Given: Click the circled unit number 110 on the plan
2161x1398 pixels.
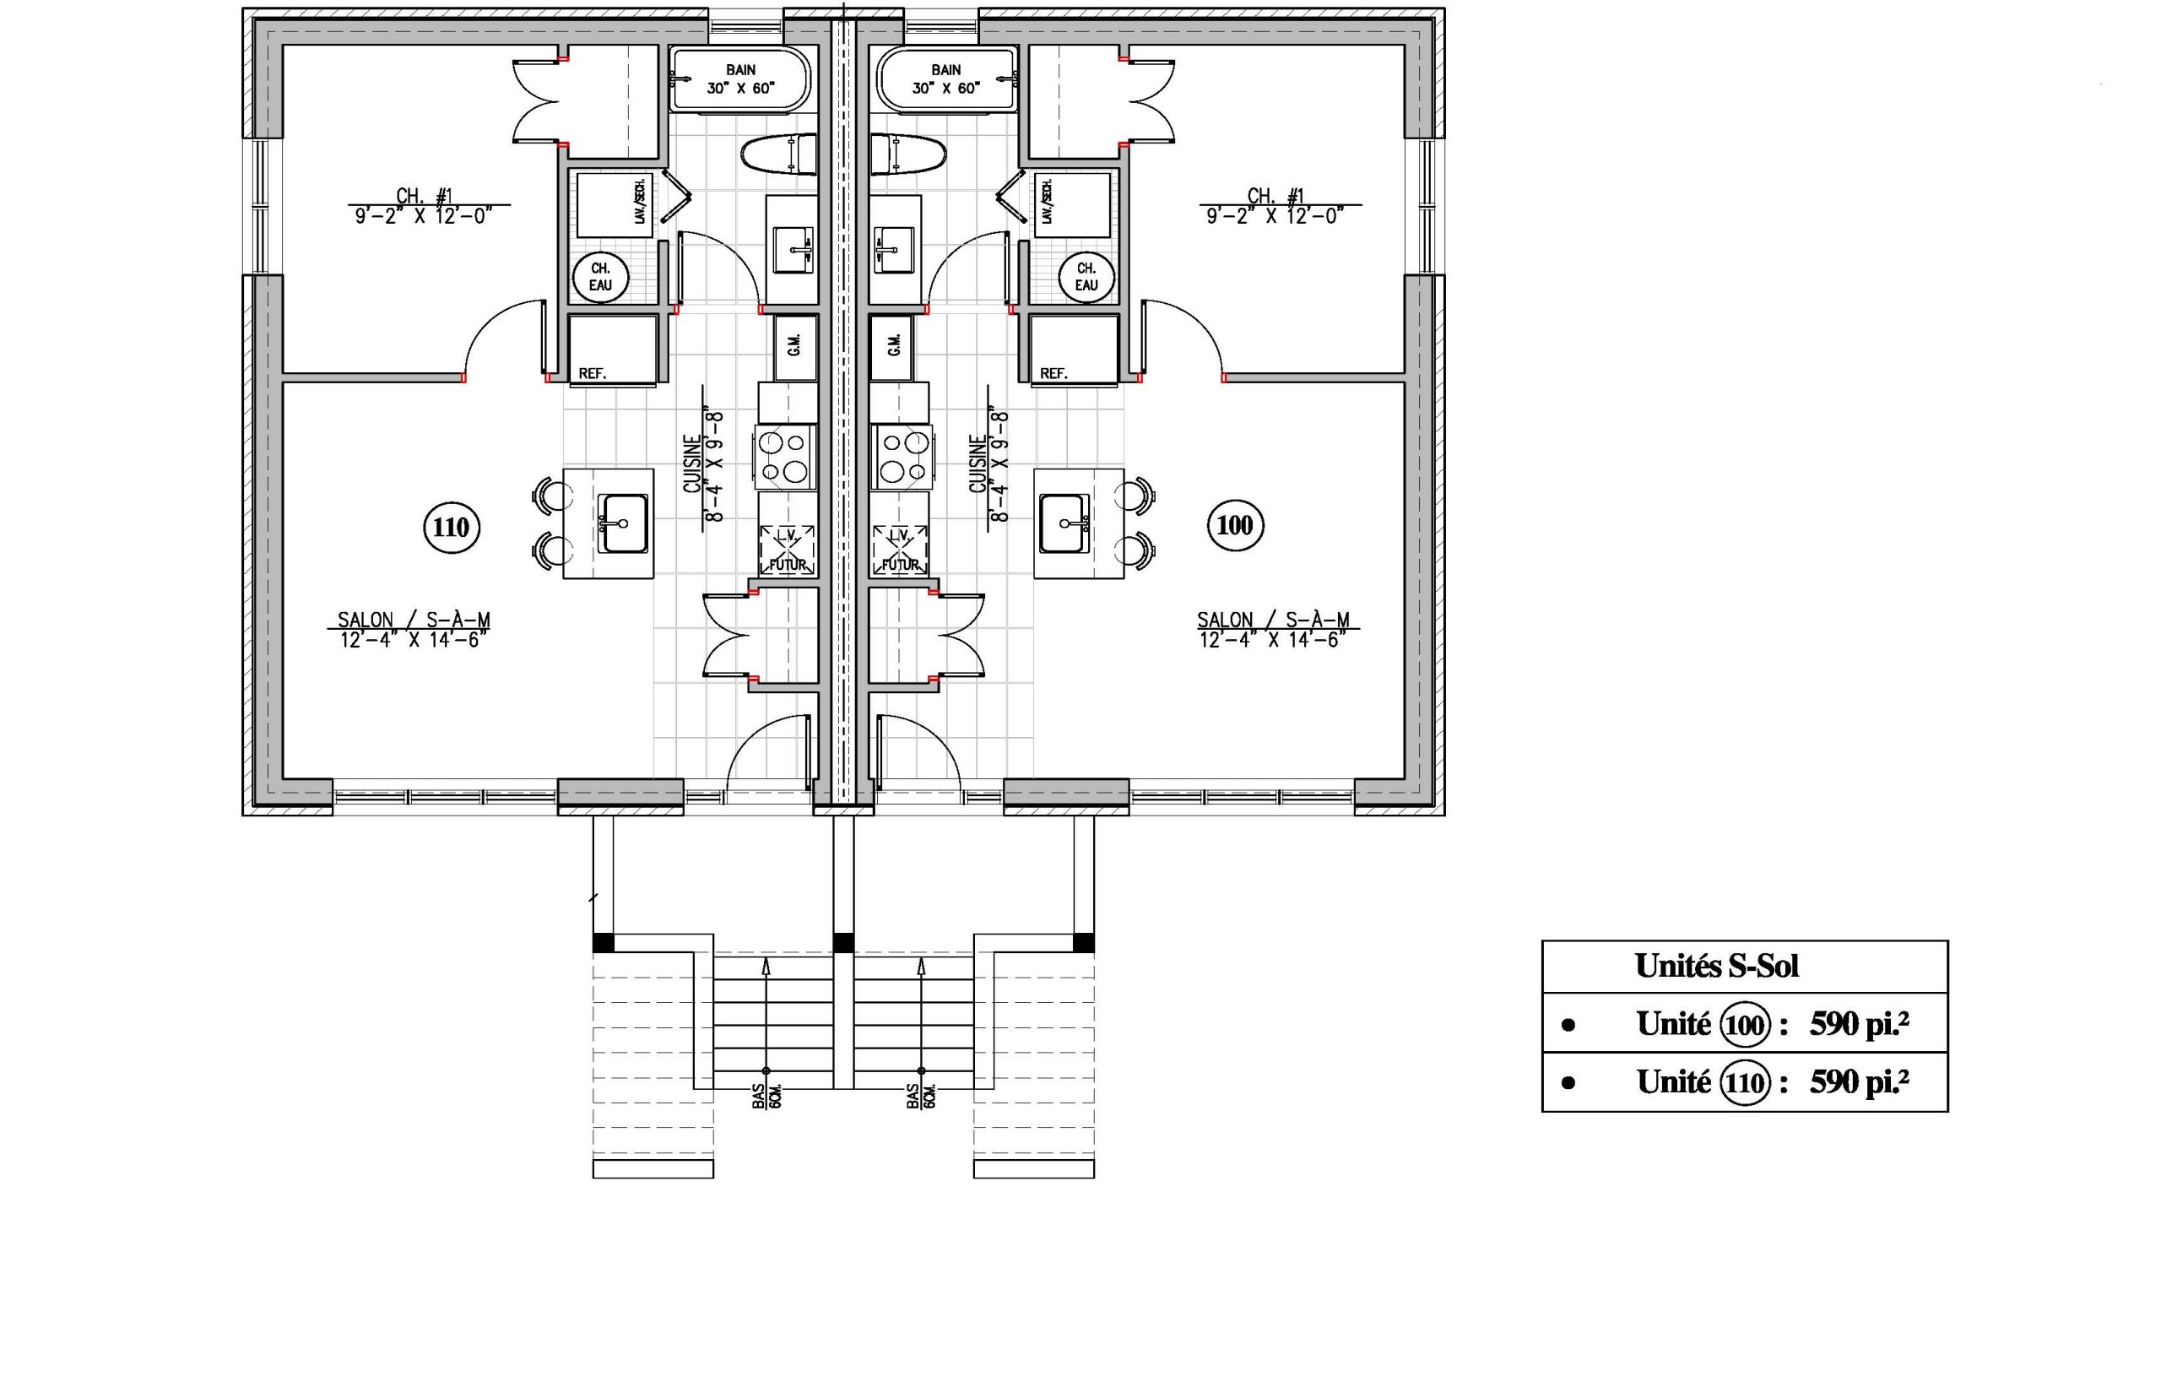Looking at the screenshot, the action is coord(451,527).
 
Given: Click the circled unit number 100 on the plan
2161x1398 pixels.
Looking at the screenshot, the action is coord(1234,525).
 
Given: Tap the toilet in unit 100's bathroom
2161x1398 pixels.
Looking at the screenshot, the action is coord(907,154).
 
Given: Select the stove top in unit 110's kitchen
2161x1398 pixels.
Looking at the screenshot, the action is coord(785,457).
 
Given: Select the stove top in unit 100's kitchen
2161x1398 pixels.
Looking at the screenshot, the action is coord(902,457).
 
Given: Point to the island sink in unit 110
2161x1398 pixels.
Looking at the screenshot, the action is coord(623,523).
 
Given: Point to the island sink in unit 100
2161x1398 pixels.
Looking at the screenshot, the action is coord(1064,523).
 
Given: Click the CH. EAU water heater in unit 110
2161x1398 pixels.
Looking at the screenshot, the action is coord(600,277).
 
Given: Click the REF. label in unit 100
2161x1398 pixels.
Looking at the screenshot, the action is coord(1053,373).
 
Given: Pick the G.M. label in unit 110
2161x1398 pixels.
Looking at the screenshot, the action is coord(794,345).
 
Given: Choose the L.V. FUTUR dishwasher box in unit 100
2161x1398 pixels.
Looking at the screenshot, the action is coord(900,550).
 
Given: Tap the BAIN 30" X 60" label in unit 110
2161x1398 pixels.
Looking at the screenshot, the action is coord(740,79).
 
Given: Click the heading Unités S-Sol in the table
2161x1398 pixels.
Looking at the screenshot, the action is coord(1716,966).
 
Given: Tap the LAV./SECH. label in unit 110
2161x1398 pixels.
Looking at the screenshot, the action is coord(640,203).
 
